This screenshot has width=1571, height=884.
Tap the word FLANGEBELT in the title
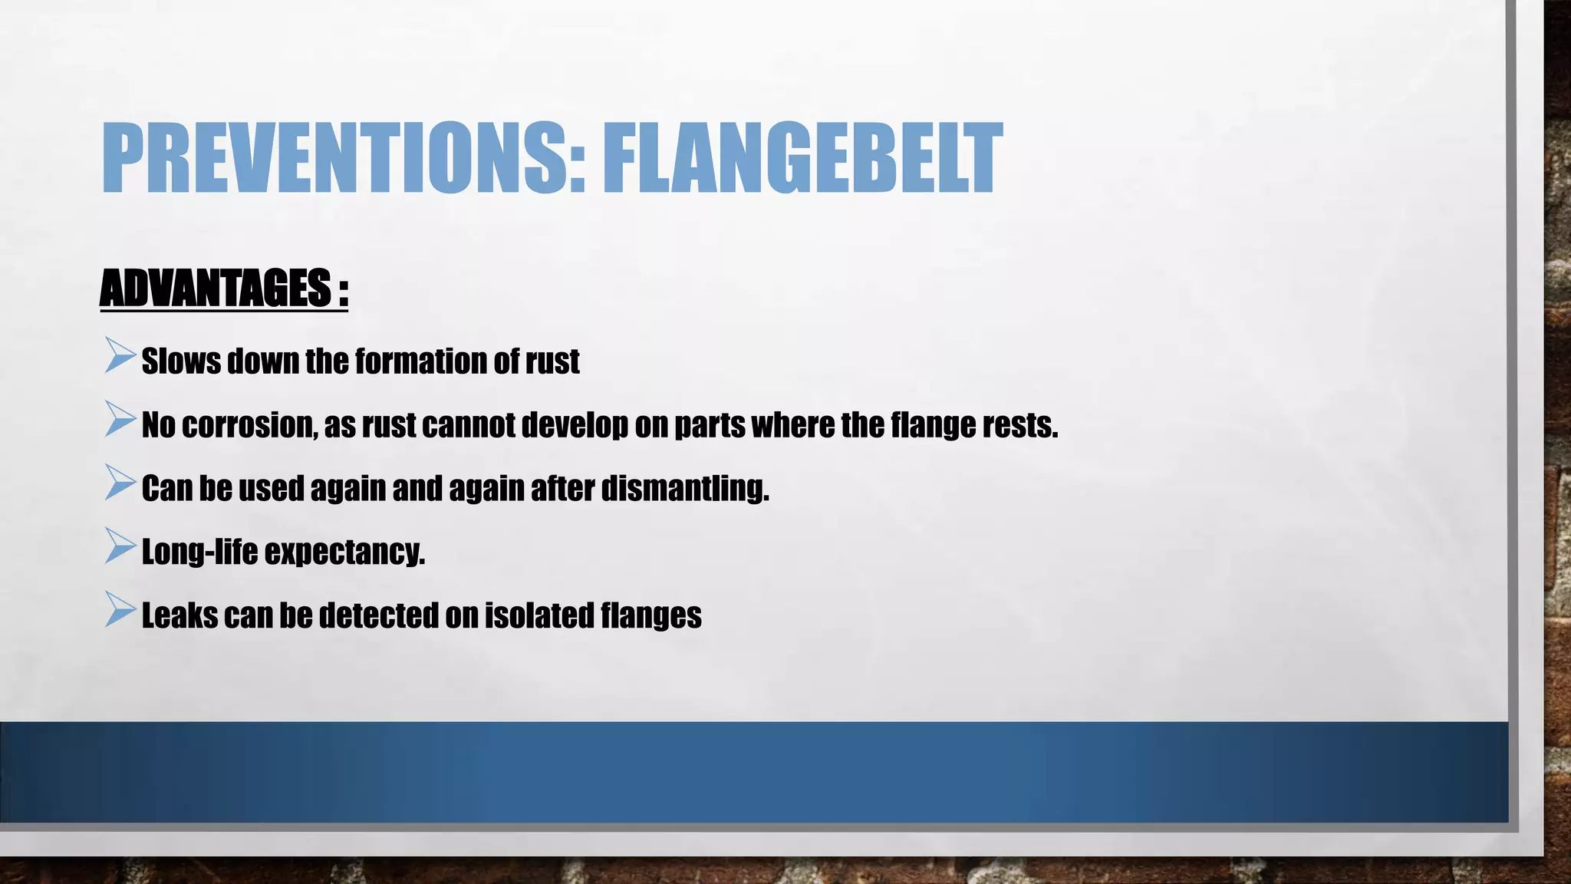click(802, 158)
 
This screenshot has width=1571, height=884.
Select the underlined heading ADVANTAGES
click(216, 289)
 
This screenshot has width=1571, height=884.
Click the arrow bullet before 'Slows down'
click(120, 356)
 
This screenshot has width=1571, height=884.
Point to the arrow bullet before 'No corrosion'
click(120, 420)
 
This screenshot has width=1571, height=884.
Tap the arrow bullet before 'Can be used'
click(120, 483)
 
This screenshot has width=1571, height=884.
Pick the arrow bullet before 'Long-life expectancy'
click(120, 547)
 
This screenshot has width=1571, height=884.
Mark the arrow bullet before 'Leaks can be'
click(120, 611)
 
